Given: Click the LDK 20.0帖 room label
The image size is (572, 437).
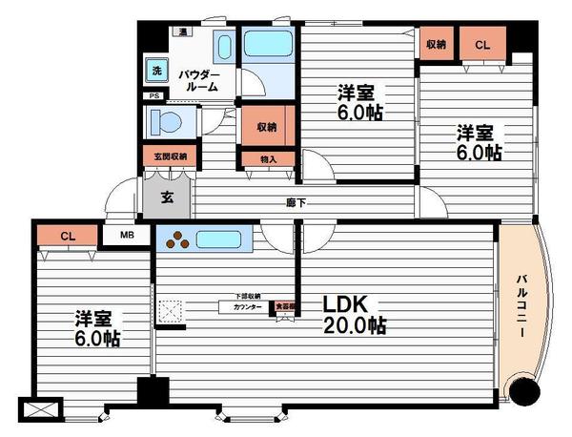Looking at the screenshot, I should click(353, 314).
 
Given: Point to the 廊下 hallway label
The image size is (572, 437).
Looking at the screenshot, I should click(296, 201).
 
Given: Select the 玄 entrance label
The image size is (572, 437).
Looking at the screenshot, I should click(167, 198).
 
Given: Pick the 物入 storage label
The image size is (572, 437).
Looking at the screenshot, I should click(269, 159).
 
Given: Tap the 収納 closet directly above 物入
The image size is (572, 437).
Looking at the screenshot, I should click(266, 126).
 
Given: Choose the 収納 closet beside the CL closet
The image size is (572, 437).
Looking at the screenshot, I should click(437, 44).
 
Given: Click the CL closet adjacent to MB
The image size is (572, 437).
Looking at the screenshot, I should click(67, 236).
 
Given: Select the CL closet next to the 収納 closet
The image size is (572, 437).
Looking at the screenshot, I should click(482, 44).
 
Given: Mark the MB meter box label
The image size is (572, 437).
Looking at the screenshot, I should click(127, 236).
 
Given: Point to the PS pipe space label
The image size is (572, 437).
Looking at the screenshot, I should click(153, 95).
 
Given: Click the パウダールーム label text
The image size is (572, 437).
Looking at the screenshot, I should click(201, 79).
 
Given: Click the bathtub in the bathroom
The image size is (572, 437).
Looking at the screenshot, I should click(270, 43).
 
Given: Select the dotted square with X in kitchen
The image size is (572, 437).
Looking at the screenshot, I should click(170, 312).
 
